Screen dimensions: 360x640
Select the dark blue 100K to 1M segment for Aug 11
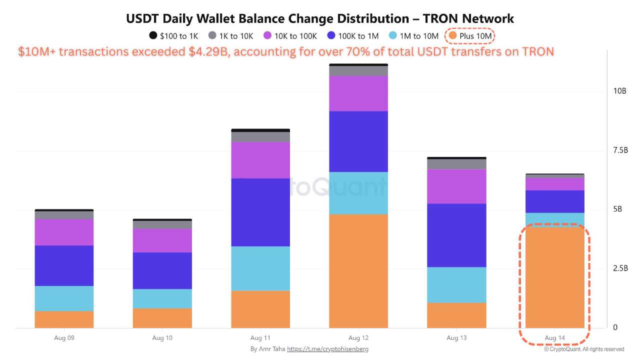(x=260, y=212)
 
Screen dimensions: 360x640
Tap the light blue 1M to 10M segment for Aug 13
(x=456, y=284)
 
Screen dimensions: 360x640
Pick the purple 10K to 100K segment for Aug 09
(x=64, y=232)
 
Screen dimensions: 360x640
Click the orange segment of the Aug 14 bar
(x=554, y=277)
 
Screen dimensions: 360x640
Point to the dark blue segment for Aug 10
(x=162, y=270)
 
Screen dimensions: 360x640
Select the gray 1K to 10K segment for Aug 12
(x=358, y=70)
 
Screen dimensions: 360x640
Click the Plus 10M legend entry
(x=470, y=36)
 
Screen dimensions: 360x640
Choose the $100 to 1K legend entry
(x=174, y=36)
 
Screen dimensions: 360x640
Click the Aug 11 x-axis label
(x=260, y=338)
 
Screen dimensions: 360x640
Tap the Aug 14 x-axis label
(x=554, y=338)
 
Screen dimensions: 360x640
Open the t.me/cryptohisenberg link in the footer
(x=327, y=349)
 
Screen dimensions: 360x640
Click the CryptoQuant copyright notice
(x=584, y=349)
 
